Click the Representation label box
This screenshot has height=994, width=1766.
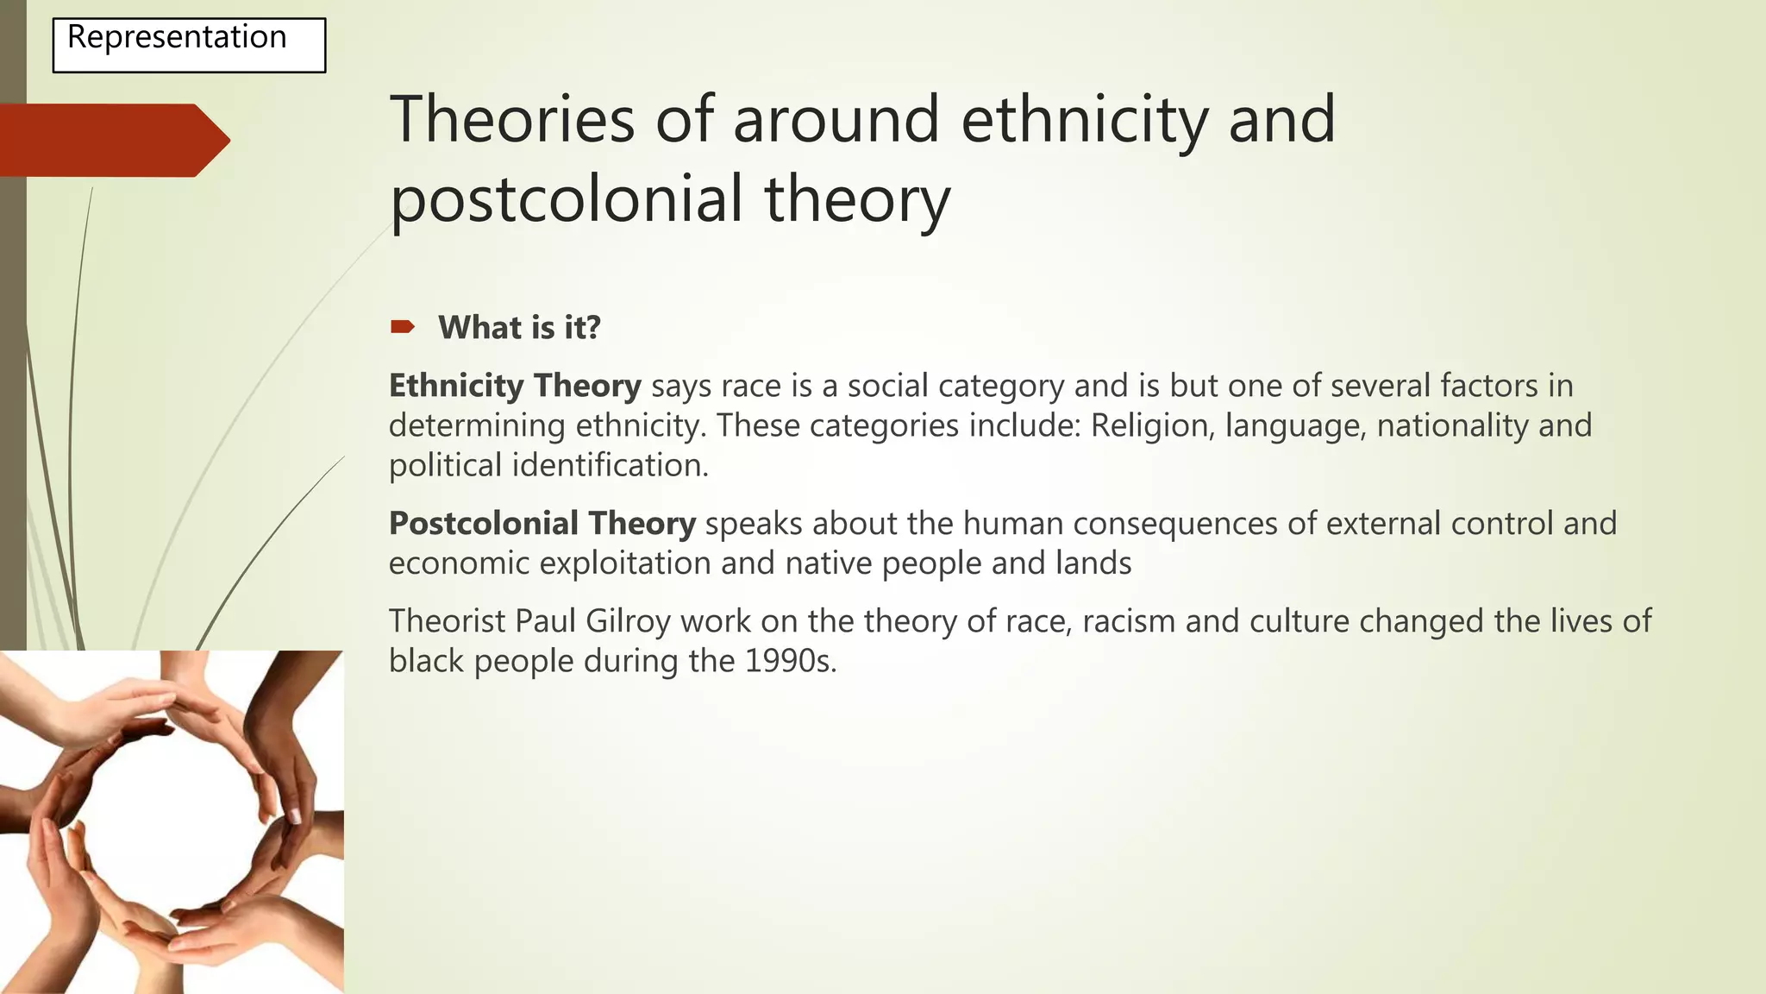[x=189, y=45]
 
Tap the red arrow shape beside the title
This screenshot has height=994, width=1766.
[x=112, y=140]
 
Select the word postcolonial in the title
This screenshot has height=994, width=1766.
[x=567, y=198]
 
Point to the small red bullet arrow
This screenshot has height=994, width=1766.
[x=402, y=326]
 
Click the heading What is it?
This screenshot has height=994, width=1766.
[x=518, y=328]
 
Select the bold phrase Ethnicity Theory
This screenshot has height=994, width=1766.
[x=515, y=386]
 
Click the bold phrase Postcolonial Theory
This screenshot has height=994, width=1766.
[x=542, y=524]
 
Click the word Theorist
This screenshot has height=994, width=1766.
[x=447, y=621]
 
